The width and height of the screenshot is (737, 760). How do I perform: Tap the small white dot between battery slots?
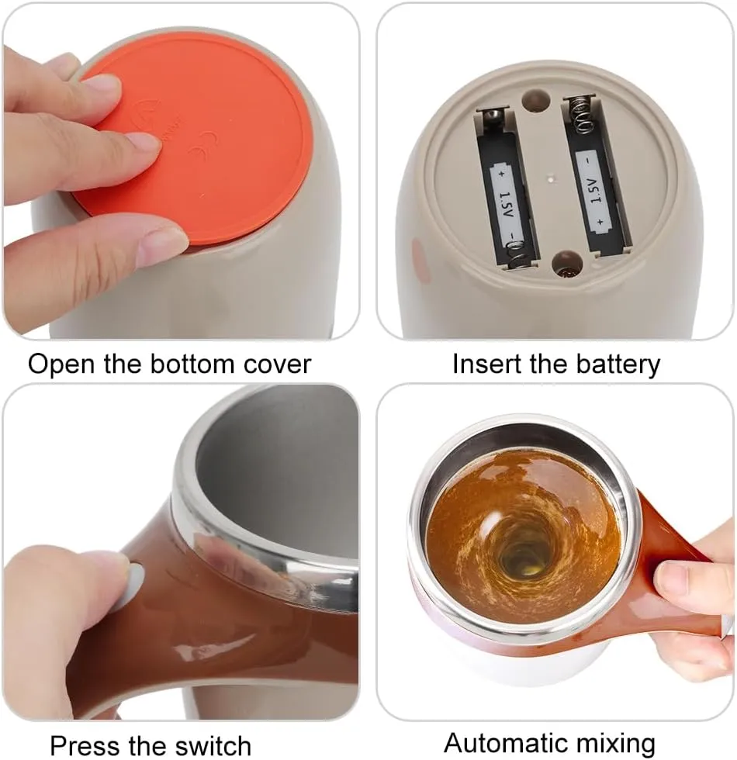pos(551,179)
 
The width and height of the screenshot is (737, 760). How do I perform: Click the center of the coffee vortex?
pos(524,558)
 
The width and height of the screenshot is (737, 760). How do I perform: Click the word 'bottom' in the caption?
pos(192,364)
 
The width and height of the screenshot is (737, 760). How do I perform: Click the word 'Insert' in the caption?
pos(486,364)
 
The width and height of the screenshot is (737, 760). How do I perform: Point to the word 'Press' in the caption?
pos(85,745)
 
